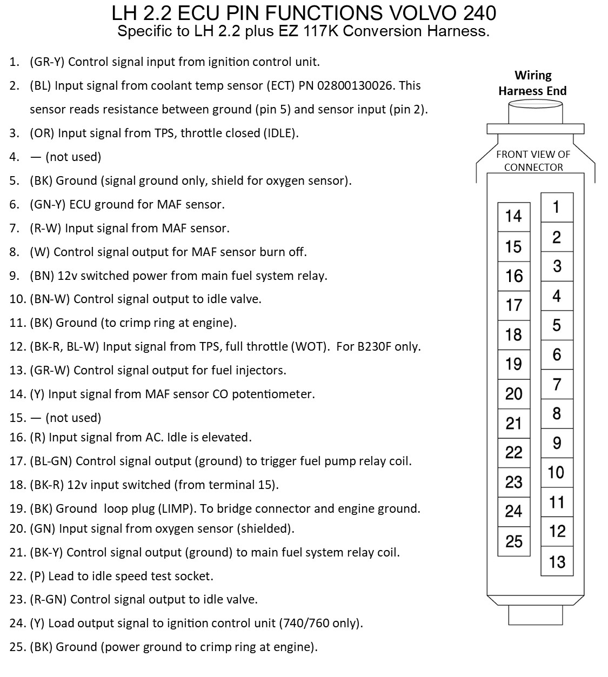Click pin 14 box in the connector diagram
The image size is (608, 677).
(513, 217)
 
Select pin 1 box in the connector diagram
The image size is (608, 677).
(557, 207)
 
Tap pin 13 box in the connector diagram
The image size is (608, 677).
(557, 562)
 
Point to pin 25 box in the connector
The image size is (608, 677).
(513, 541)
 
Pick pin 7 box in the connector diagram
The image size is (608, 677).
(557, 384)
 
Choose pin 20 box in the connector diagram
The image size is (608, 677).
(513, 393)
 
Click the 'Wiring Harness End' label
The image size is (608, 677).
(532, 83)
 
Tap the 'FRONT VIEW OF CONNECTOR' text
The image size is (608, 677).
(533, 160)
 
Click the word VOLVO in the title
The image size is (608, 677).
(412, 12)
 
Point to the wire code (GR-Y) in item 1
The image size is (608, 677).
(47, 62)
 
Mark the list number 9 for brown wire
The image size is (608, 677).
(15, 276)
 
